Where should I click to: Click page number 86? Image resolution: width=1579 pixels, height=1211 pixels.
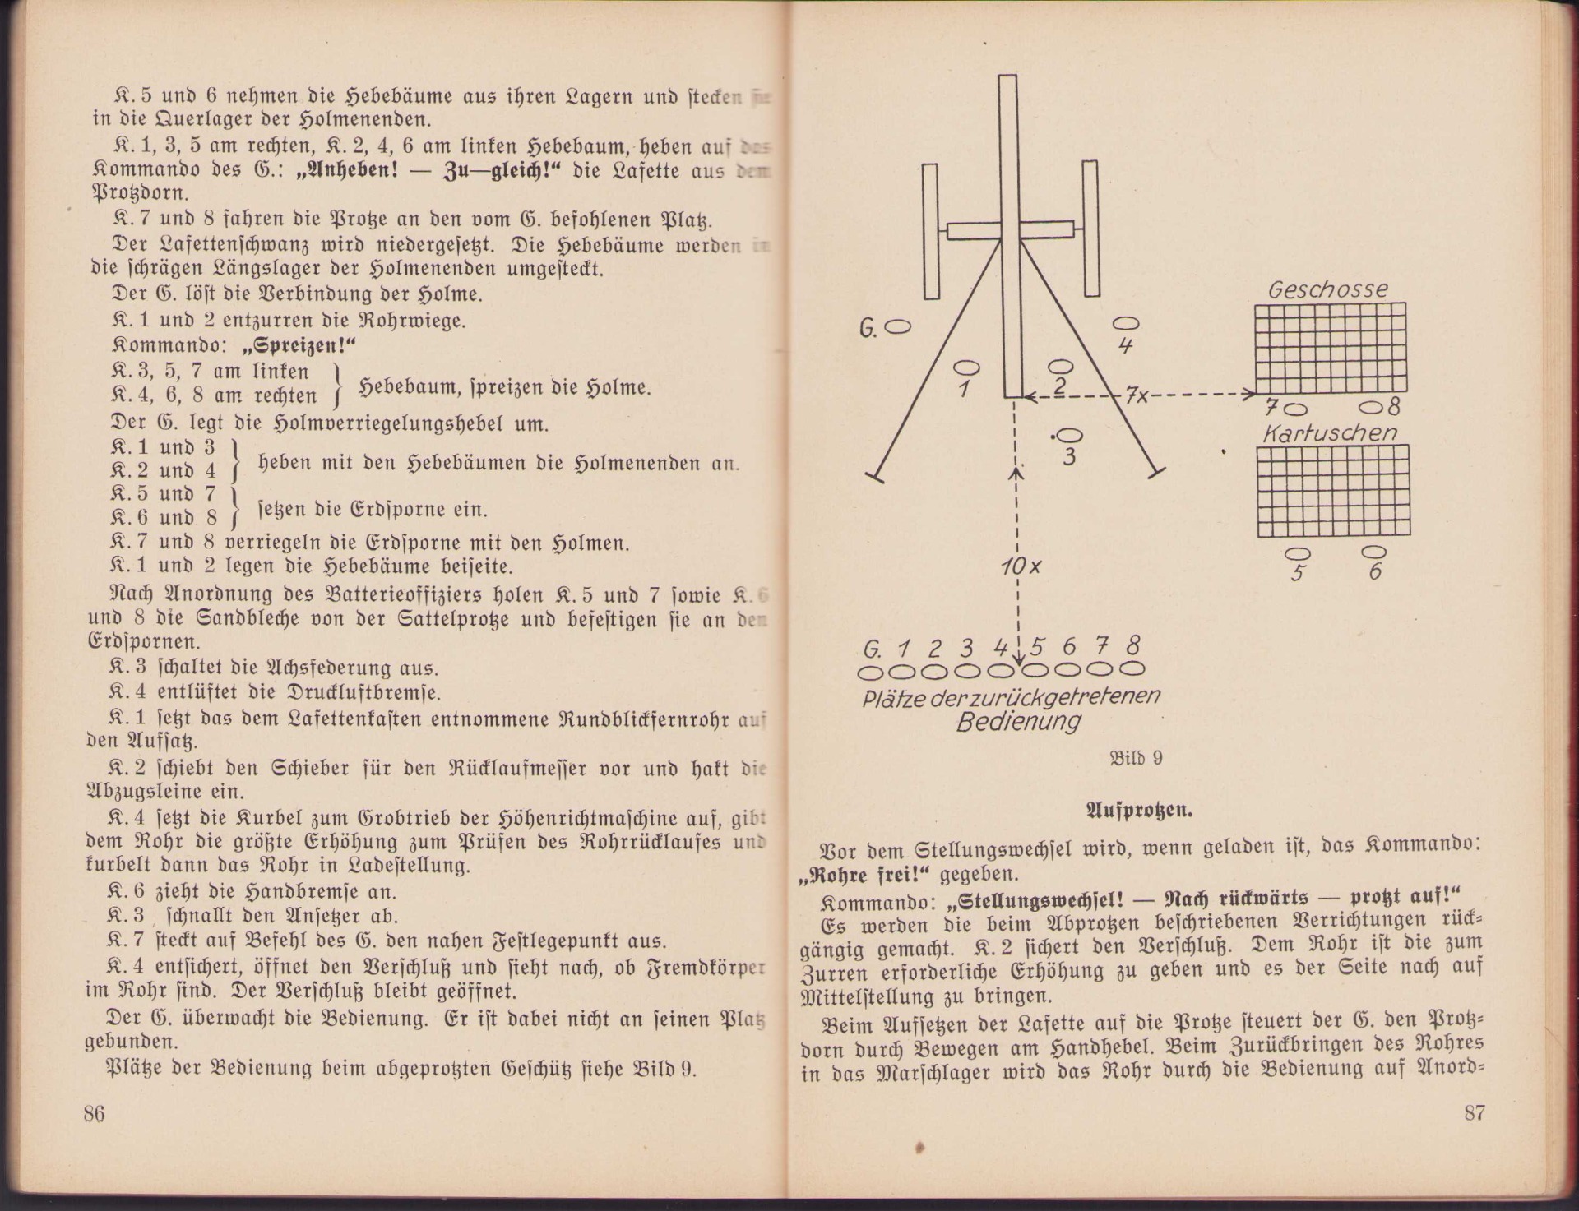pos(94,1113)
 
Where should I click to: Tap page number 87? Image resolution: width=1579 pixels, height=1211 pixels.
pos(1475,1112)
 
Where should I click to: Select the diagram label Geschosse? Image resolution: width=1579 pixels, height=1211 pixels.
pos(1327,289)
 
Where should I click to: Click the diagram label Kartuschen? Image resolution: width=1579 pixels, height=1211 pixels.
pos(1329,433)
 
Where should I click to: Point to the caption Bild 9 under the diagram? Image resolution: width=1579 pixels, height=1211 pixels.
pos(1136,757)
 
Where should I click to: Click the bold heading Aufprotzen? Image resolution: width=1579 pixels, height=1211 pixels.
pos(1139,810)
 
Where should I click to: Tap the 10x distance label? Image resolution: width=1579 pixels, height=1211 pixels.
pos(1021,566)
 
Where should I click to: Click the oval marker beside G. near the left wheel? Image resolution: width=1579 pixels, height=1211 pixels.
pos(898,327)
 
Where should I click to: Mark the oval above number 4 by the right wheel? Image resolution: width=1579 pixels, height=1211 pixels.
pos(1125,323)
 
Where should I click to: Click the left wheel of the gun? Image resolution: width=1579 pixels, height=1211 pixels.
pos(930,231)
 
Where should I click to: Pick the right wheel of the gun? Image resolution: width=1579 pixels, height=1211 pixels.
pos(1090,228)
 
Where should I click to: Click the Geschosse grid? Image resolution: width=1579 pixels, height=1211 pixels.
pos(1330,348)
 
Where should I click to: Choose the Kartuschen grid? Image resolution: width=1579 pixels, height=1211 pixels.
pos(1332,491)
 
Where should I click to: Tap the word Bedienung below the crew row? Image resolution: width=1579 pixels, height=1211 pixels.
pos(1018,722)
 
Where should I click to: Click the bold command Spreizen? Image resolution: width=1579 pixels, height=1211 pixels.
pos(294,345)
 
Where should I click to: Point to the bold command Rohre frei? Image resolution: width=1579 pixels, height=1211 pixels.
pos(864,874)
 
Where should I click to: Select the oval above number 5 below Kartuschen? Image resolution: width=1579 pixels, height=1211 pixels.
pos(1298,553)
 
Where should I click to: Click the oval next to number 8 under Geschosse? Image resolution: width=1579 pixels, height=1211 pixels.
pos(1371,407)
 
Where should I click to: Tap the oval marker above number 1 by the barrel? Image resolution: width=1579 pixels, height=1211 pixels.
pos(966,367)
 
